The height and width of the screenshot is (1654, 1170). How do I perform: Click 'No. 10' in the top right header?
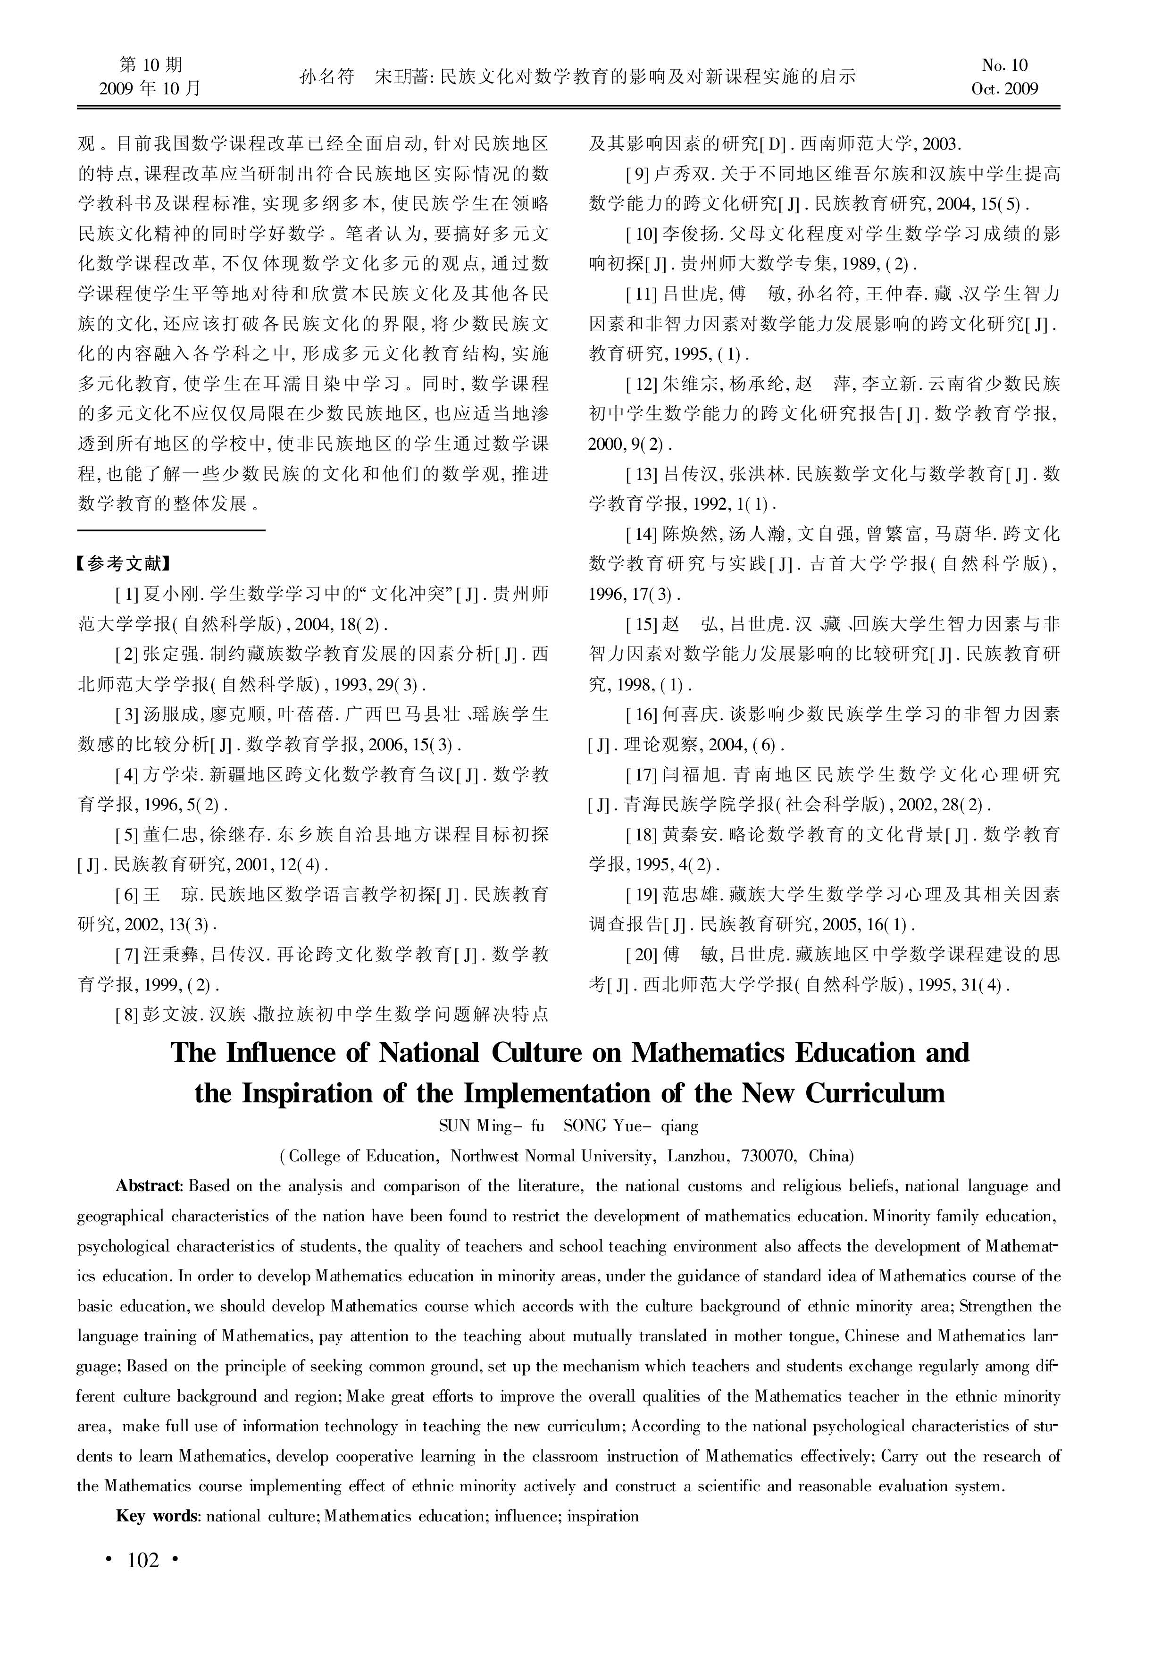[x=1004, y=66]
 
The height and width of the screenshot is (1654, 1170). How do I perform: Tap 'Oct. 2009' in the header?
[x=1004, y=89]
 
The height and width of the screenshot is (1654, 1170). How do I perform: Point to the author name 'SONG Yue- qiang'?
[x=630, y=1126]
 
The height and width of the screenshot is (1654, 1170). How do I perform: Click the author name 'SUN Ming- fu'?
[x=491, y=1126]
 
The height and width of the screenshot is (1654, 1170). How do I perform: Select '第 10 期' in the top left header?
[x=150, y=66]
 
